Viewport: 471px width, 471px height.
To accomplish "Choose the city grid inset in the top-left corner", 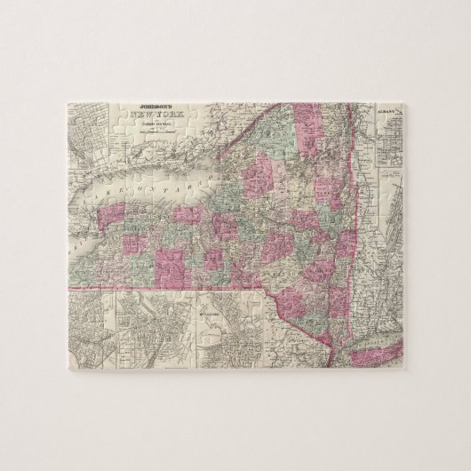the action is point(89,142).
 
